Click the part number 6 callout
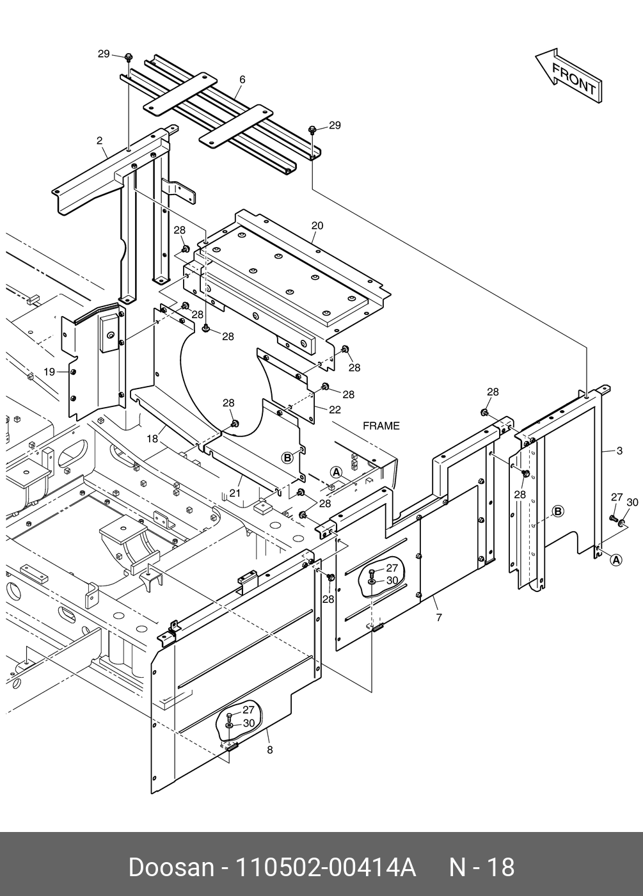(x=242, y=79)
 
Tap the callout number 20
(x=317, y=225)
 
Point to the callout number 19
(x=49, y=371)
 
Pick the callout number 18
(x=152, y=438)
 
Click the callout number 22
(x=335, y=410)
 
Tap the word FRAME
(x=381, y=426)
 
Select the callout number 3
(x=619, y=451)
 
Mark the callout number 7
(x=439, y=618)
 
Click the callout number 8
(x=269, y=749)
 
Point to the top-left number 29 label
(x=104, y=54)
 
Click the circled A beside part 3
(x=615, y=560)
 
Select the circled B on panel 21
(x=288, y=457)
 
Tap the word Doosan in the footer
(x=170, y=867)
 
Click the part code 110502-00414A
(x=326, y=867)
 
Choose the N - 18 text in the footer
(x=482, y=867)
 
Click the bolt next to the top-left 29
(x=129, y=58)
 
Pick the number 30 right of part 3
(x=632, y=502)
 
